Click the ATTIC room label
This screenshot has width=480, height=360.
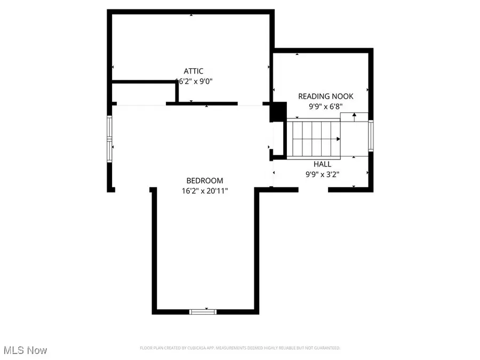click(x=193, y=71)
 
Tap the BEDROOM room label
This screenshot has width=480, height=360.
click(x=204, y=181)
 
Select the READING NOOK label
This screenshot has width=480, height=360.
click(x=325, y=97)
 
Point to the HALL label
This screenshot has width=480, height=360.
click(x=322, y=164)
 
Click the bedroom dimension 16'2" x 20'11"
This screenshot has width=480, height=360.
click(x=204, y=190)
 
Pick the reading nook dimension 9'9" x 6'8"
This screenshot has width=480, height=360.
click(x=325, y=106)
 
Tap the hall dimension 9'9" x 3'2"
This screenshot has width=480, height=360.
click(x=322, y=173)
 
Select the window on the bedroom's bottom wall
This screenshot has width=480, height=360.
click(x=203, y=311)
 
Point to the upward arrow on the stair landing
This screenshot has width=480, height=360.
click(x=354, y=116)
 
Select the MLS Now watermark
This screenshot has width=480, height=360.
click(x=25, y=350)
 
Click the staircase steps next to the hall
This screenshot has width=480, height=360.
click(x=315, y=138)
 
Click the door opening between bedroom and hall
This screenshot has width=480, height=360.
click(x=270, y=173)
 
